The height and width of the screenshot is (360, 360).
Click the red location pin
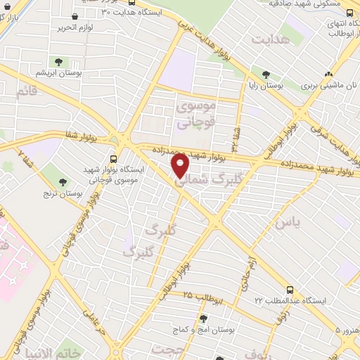181,165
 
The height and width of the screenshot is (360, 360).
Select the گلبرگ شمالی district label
207,179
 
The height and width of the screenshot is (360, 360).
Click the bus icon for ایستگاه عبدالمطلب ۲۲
290,290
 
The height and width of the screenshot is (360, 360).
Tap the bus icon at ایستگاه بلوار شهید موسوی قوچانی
114,160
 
